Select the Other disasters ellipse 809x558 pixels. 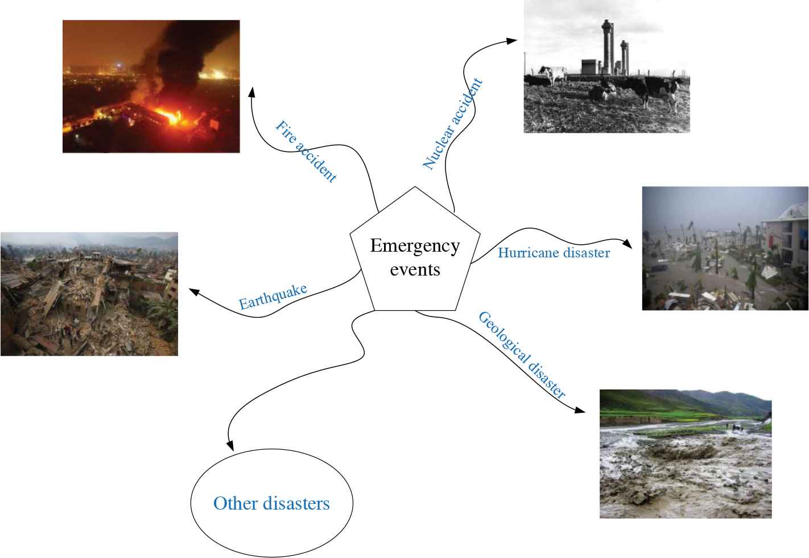coord(271,503)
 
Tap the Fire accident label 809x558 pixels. coord(306,151)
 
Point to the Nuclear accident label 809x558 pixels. coord(453,124)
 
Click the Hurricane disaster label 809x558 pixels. coord(554,252)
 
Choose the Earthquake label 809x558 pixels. coord(273,296)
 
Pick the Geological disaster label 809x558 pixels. coord(522,355)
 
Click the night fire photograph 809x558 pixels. coord(151,86)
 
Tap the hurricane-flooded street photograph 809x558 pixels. coord(725,248)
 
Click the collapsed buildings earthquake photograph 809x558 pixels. coord(89,294)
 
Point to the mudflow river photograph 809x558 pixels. coord(685,454)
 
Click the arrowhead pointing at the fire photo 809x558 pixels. coord(251,92)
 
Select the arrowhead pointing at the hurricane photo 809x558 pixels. coord(628,244)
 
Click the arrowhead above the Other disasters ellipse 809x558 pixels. coord(230,446)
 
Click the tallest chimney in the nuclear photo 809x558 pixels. coord(607,46)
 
